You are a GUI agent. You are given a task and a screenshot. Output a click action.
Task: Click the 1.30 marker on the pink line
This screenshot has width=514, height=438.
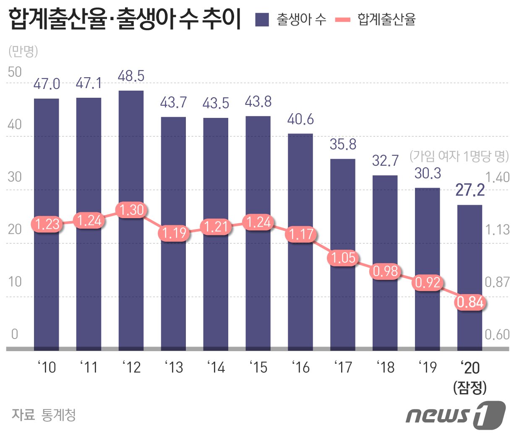click(x=131, y=209)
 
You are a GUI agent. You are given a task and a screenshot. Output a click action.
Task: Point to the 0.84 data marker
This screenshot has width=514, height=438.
click(x=470, y=302)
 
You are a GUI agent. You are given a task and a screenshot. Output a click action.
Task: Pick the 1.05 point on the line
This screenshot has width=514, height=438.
click(x=343, y=257)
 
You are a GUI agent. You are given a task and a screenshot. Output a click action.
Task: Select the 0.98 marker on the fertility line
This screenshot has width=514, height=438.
click(x=385, y=271)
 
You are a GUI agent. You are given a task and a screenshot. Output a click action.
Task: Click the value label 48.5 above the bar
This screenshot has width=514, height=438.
click(x=131, y=76)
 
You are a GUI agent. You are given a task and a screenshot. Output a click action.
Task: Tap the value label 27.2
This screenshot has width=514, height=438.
click(x=470, y=190)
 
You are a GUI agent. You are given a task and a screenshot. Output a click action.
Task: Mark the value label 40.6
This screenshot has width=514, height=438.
click(x=300, y=120)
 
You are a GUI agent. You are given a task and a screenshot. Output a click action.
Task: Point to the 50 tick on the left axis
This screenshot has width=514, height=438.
click(x=15, y=72)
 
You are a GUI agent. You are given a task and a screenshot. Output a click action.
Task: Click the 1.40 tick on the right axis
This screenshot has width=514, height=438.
click(x=497, y=177)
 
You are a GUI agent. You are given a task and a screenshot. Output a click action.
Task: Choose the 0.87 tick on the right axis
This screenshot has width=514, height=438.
click(x=497, y=282)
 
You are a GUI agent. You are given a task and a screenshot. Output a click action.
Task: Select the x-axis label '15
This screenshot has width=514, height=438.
click(x=258, y=368)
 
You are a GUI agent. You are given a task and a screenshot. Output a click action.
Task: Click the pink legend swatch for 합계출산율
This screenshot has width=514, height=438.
click(x=343, y=19)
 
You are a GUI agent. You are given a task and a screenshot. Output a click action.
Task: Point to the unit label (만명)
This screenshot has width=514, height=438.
click(x=23, y=51)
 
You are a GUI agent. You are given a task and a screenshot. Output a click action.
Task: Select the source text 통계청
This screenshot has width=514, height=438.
click(x=59, y=415)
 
